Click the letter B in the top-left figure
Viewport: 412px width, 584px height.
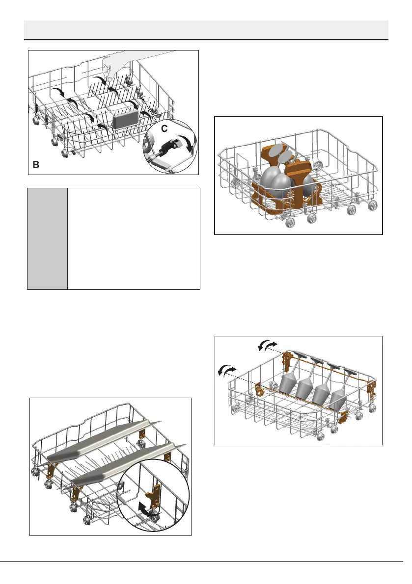click(x=36, y=165)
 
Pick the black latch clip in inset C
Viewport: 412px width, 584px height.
click(x=168, y=145)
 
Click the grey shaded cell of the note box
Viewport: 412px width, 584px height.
click(x=47, y=238)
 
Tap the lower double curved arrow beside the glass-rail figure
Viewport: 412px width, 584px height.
click(x=226, y=370)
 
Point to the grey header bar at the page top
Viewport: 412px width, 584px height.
click(x=206, y=30)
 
